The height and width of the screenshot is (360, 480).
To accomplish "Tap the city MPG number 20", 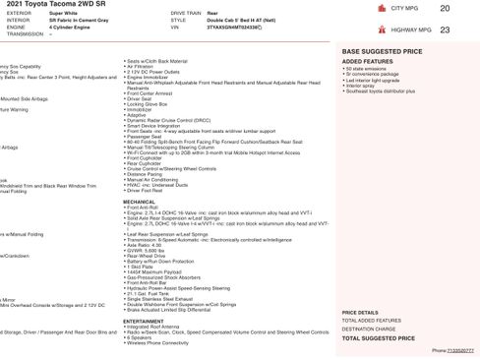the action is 445,9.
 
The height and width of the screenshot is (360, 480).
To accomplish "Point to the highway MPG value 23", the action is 445,30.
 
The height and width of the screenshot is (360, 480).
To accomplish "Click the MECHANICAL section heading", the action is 139,200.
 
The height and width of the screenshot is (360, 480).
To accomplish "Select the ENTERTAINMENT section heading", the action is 144,321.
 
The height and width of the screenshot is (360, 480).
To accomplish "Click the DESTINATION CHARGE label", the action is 368,329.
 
